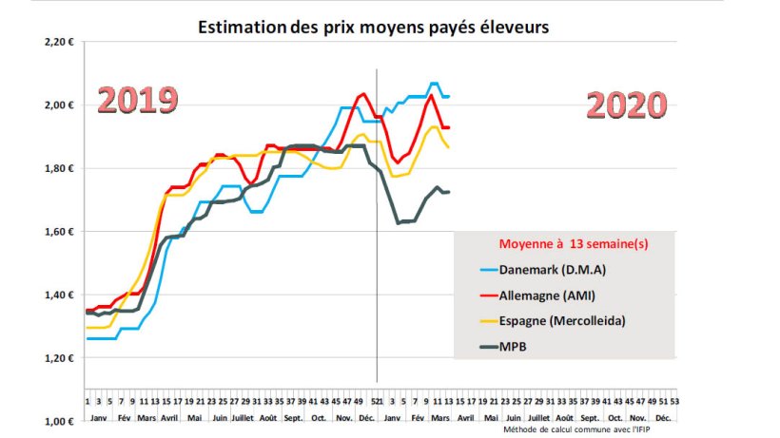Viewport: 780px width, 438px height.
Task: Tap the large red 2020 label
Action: coord(626,105)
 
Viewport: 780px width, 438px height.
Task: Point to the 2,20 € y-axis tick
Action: coord(59,43)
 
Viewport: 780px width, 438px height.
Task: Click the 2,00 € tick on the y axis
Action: coord(59,105)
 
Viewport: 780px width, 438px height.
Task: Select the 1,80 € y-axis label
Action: coord(59,169)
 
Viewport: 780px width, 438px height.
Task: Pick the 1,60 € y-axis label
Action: coord(59,232)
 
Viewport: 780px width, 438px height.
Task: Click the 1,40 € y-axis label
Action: coord(59,295)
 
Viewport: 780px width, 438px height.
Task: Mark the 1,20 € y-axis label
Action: coord(59,358)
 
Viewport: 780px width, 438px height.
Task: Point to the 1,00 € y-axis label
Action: coord(59,422)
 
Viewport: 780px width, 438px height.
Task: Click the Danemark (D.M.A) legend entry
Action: coord(551,270)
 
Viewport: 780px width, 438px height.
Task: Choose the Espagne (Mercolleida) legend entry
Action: coord(561,321)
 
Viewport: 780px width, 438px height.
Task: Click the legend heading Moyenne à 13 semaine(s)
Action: coord(567,244)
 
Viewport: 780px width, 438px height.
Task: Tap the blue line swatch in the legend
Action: coord(478,270)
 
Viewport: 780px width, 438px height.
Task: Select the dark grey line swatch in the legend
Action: coord(478,347)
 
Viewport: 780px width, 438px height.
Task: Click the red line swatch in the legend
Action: coord(478,295)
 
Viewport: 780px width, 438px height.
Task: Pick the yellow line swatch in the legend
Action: coord(478,321)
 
